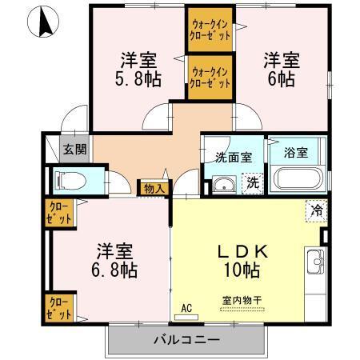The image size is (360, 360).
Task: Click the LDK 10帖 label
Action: coord(249,260)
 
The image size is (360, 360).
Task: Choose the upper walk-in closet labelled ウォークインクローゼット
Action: coord(210,30)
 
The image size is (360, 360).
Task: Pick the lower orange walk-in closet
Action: coord(210,76)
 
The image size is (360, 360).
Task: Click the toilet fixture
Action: coord(69,182)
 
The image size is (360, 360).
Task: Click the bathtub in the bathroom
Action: coord(295,178)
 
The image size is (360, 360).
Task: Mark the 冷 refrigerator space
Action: coord(317,211)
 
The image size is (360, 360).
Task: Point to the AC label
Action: coord(187,307)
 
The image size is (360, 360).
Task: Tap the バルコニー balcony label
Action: coord(186,341)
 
